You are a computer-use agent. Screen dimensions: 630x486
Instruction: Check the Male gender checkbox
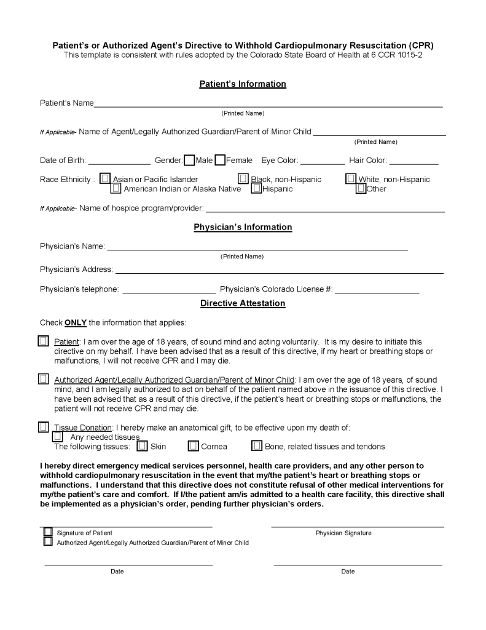pyautogui.click(x=189, y=161)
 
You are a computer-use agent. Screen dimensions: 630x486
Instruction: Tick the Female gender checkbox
pyautogui.click(x=220, y=161)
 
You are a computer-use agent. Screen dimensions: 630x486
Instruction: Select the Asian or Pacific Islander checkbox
pyautogui.click(x=106, y=178)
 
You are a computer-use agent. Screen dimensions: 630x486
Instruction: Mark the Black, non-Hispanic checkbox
pyautogui.click(x=243, y=178)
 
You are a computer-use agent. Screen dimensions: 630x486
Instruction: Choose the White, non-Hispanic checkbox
pyautogui.click(x=350, y=178)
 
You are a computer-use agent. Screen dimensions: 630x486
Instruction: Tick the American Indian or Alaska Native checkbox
pyautogui.click(x=116, y=188)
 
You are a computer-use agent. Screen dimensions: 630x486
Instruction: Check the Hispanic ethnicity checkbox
pyautogui.click(x=256, y=188)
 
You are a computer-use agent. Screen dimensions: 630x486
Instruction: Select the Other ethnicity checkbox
pyautogui.click(x=361, y=188)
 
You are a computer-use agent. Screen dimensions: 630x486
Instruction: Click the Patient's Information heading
pyautogui.click(x=243, y=84)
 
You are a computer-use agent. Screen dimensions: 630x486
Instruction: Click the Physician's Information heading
pyautogui.click(x=243, y=227)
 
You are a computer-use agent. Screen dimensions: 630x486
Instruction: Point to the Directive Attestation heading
pyautogui.click(x=243, y=303)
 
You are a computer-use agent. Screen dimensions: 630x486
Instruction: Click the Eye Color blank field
pyautogui.click(x=323, y=162)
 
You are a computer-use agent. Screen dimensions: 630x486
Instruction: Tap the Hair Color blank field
pyautogui.click(x=413, y=162)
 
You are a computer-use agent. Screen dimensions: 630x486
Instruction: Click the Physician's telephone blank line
pyautogui.click(x=169, y=290)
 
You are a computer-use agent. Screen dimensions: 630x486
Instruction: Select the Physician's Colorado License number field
pyautogui.click(x=377, y=290)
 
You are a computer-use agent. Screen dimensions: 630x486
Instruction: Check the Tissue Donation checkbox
pyautogui.click(x=43, y=426)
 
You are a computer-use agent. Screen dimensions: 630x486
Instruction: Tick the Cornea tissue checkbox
pyautogui.click(x=193, y=445)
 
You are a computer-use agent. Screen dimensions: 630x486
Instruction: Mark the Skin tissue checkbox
pyautogui.click(x=142, y=445)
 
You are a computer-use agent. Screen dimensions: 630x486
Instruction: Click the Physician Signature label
pyautogui.click(x=343, y=533)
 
